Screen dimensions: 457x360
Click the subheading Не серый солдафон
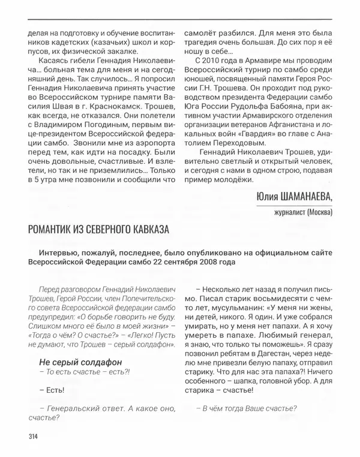click(x=71, y=362)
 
